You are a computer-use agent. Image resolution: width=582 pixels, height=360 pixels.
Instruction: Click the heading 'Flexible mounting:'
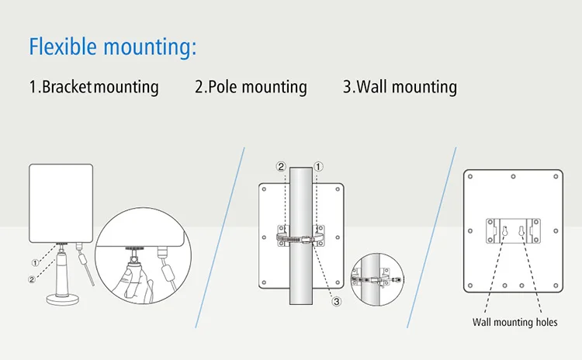tap(113, 46)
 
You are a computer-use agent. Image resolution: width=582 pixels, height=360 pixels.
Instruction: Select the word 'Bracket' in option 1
tap(67, 87)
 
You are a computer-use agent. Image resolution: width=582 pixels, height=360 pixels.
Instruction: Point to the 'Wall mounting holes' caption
tap(515, 322)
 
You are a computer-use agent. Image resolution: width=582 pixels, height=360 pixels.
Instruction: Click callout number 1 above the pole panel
tap(318, 166)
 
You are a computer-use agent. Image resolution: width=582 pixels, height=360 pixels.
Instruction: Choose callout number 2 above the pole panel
tap(282, 166)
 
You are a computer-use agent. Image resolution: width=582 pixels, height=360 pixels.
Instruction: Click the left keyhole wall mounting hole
tap(504, 230)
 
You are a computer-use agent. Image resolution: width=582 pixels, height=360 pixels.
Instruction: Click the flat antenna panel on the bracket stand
tap(61, 201)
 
